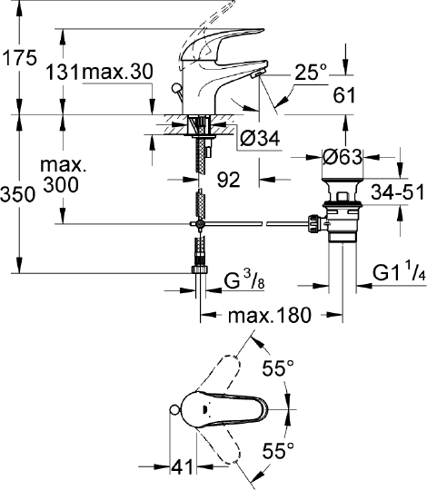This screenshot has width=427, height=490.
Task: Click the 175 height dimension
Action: click(x=18, y=59)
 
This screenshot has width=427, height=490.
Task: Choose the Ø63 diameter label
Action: click(x=343, y=156)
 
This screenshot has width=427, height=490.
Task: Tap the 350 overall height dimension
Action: click(x=18, y=193)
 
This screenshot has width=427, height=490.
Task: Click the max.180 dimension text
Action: click(x=270, y=315)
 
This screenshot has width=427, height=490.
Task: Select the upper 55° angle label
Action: click(x=279, y=368)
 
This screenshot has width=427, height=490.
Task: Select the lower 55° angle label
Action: click(x=279, y=448)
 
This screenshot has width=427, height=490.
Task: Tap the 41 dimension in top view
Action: click(x=183, y=466)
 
